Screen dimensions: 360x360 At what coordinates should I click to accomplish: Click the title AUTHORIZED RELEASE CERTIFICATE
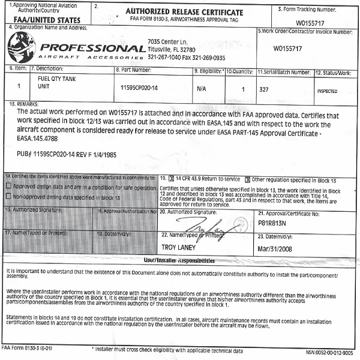point(183,11)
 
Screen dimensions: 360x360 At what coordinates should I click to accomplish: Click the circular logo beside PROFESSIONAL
point(21,46)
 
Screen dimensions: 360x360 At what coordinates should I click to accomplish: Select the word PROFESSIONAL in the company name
point(92,47)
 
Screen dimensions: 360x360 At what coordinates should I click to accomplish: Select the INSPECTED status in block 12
point(326,91)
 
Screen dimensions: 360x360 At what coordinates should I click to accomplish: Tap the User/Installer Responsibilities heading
point(180,262)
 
